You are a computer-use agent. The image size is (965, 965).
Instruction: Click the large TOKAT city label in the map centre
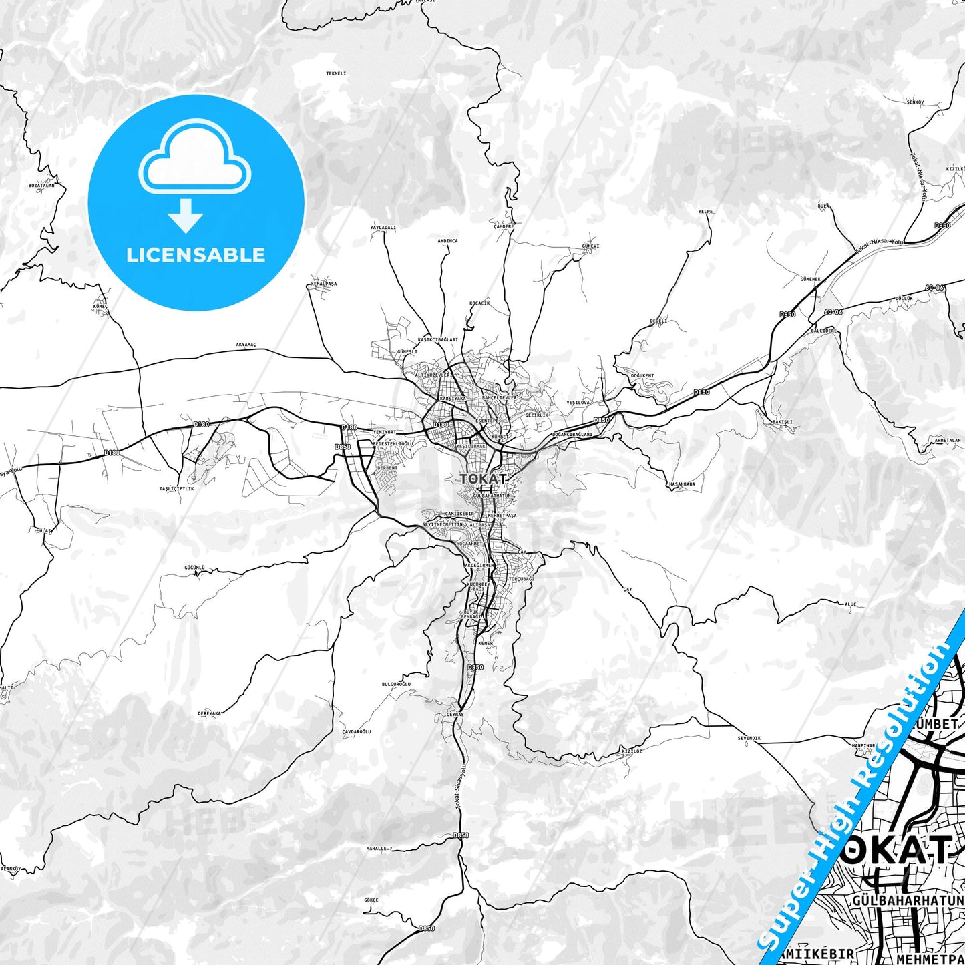click(483, 478)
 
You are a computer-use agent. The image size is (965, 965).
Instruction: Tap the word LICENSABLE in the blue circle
click(196, 255)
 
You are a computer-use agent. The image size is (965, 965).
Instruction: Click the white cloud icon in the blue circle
click(195, 158)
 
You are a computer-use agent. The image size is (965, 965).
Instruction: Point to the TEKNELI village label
click(336, 73)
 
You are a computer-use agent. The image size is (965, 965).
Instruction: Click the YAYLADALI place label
click(383, 228)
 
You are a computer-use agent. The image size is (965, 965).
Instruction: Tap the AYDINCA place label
click(447, 241)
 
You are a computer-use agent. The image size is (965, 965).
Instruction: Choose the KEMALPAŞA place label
click(324, 284)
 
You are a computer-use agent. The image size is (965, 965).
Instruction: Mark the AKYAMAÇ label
click(246, 345)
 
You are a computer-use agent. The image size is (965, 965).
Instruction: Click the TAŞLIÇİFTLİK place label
click(176, 488)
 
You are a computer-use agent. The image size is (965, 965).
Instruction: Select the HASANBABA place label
click(681, 484)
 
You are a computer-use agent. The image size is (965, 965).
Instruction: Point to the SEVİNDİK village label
click(749, 738)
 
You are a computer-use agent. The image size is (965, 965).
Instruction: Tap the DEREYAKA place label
click(209, 713)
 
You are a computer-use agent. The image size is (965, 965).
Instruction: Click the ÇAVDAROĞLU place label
click(356, 731)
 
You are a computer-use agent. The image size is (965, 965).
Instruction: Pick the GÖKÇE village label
click(371, 900)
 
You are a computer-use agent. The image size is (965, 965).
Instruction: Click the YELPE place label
click(705, 212)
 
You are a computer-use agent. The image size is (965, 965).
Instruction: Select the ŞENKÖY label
click(914, 102)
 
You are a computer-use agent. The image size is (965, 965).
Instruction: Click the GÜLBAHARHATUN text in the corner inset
click(908, 901)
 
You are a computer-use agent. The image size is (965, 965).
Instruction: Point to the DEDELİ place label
click(658, 321)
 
